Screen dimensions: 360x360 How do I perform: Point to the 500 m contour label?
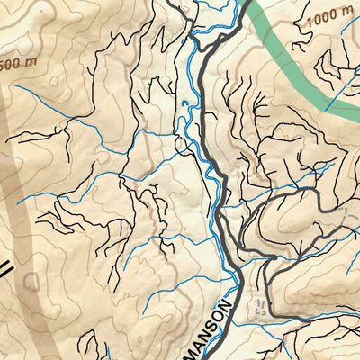(x=12, y=65)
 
